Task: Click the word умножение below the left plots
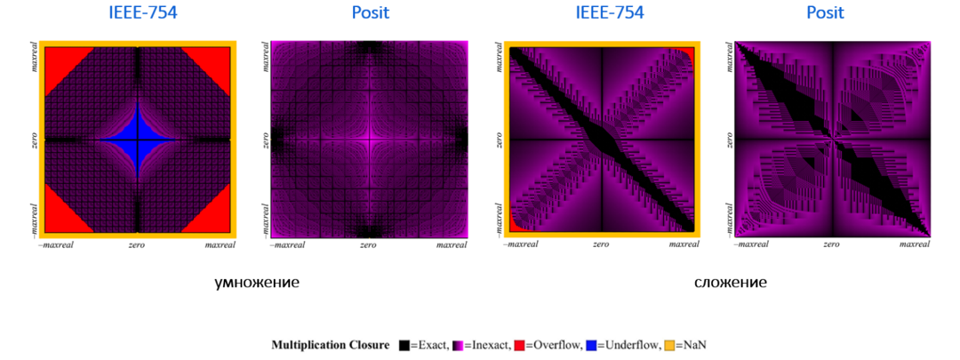tap(257, 283)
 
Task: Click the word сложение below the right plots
tap(730, 283)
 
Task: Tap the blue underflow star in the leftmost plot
tap(138, 140)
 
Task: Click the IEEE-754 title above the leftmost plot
tap(138, 12)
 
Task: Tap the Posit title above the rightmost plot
tap(825, 12)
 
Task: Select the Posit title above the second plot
tap(371, 12)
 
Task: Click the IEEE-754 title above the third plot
tap(609, 12)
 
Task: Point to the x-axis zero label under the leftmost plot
tap(138, 244)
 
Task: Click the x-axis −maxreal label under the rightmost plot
tap(753, 244)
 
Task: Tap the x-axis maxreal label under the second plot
tap(449, 244)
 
